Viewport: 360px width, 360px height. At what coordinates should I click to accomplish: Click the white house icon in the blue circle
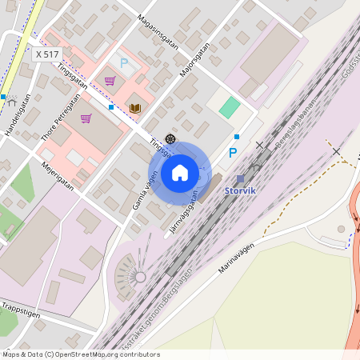(179, 172)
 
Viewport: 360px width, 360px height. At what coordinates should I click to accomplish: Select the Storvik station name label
(240, 191)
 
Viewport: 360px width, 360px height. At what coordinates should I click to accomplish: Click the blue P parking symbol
(233, 153)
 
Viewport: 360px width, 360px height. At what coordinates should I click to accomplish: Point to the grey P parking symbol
(123, 62)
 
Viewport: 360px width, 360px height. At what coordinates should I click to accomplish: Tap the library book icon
(134, 108)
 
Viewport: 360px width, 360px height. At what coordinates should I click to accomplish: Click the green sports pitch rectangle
(230, 107)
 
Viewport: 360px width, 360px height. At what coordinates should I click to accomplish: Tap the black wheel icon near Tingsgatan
(170, 139)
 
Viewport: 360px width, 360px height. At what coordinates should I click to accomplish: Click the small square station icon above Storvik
(240, 179)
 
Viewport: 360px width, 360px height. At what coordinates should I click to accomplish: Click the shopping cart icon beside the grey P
(109, 81)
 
